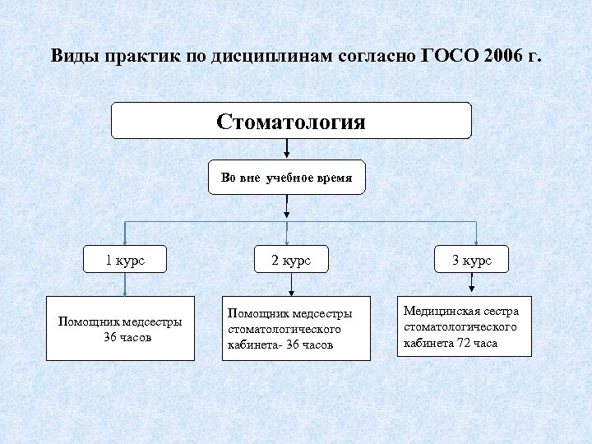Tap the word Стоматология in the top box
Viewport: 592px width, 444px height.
click(291, 122)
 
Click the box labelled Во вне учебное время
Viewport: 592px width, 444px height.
click(286, 177)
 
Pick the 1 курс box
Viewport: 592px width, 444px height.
click(124, 260)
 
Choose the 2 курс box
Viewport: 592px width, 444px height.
click(291, 260)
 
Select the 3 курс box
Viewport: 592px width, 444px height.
click(471, 260)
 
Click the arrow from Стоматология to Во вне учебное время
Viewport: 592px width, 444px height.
click(286, 149)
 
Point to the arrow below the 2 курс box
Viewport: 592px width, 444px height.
click(291, 285)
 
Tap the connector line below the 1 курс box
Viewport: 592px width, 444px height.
click(124, 284)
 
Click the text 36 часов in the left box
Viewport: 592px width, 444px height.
click(121, 336)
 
